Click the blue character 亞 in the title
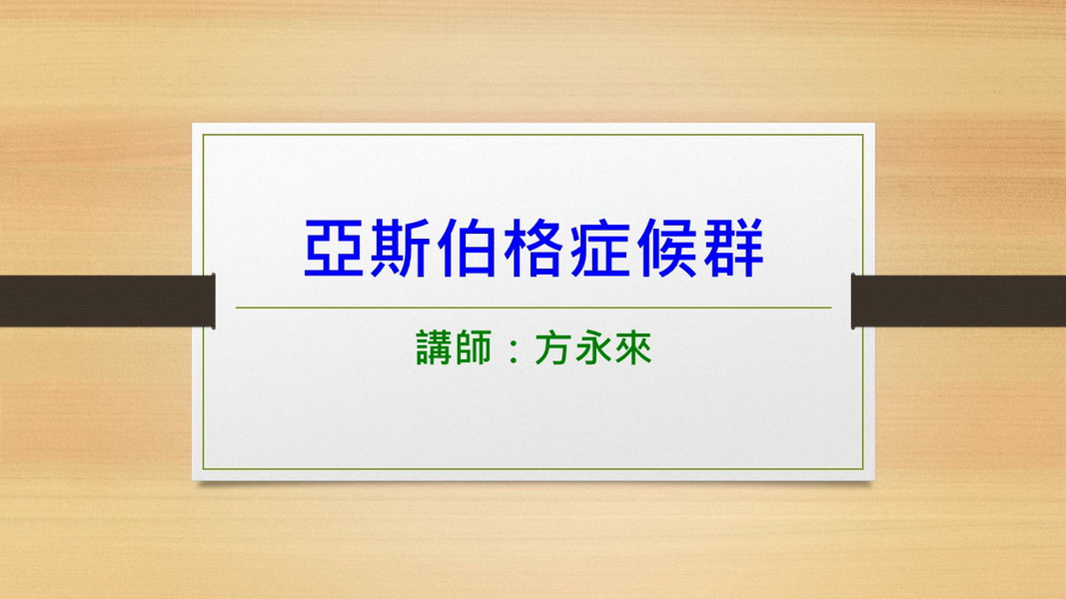pos(333,248)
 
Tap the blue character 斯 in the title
pos(400,248)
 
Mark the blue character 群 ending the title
pos(733,248)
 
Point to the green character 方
pos(552,348)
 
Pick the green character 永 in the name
pos(592,348)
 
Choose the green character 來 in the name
pos(632,348)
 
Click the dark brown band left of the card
pos(108,300)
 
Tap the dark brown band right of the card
pos(958,300)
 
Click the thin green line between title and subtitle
pos(533,307)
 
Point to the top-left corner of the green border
pos(203,135)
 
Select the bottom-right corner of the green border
pos(863,469)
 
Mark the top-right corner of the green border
pos(863,135)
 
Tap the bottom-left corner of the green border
pos(203,469)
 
